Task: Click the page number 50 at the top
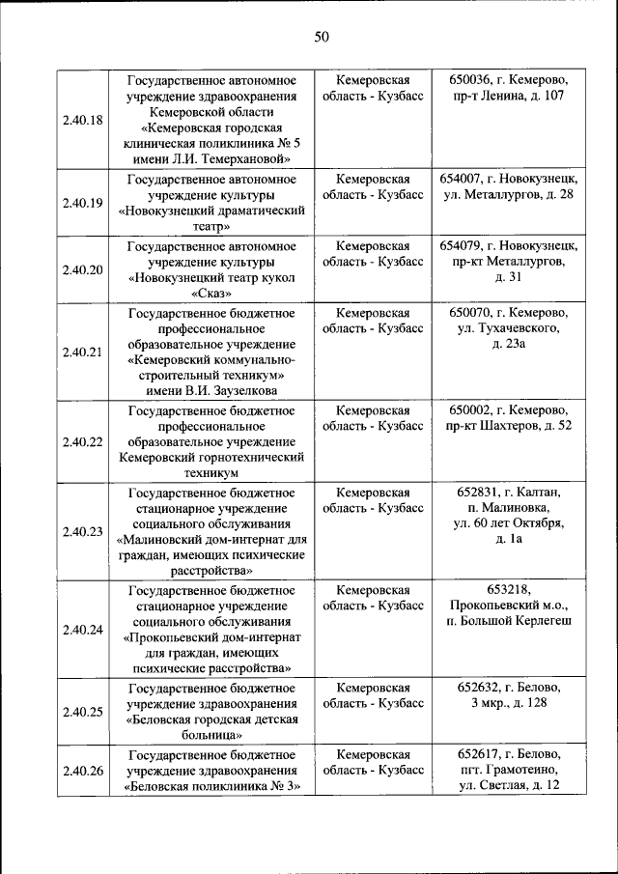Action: [322, 38]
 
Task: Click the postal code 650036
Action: [471, 79]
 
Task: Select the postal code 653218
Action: [509, 590]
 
